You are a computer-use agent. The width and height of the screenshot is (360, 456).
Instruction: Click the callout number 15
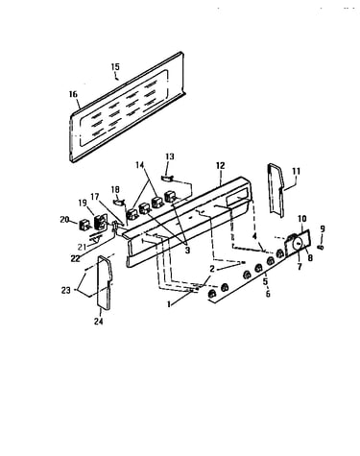point(115,67)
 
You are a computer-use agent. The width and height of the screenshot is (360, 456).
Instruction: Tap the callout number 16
point(73,94)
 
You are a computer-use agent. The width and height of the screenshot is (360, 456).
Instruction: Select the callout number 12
point(221,165)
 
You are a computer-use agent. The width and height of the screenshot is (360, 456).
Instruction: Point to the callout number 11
point(297,171)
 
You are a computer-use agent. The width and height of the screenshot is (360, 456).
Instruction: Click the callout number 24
point(98,321)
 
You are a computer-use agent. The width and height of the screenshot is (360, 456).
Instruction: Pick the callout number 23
point(65,291)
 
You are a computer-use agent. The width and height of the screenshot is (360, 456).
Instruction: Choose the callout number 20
point(64,219)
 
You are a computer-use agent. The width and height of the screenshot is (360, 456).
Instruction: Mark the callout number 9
point(323,228)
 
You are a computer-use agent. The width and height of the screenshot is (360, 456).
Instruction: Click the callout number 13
point(170,156)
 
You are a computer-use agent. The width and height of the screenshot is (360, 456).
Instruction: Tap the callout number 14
point(139,165)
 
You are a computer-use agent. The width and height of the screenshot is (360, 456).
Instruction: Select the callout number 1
point(169,304)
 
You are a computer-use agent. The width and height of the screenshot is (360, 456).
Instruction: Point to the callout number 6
point(268,293)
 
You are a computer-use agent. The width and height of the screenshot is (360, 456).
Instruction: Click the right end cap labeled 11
point(276,190)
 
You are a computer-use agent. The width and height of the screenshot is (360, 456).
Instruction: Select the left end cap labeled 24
point(105,282)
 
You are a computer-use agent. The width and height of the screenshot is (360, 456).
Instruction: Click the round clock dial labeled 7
point(298,244)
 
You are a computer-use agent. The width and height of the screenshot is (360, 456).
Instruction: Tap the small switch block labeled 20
point(84,224)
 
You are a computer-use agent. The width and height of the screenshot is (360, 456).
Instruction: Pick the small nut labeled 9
point(321,247)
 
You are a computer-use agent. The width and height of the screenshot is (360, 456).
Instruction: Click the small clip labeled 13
point(167,177)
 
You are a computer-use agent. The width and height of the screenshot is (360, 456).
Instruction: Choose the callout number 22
point(76,258)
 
